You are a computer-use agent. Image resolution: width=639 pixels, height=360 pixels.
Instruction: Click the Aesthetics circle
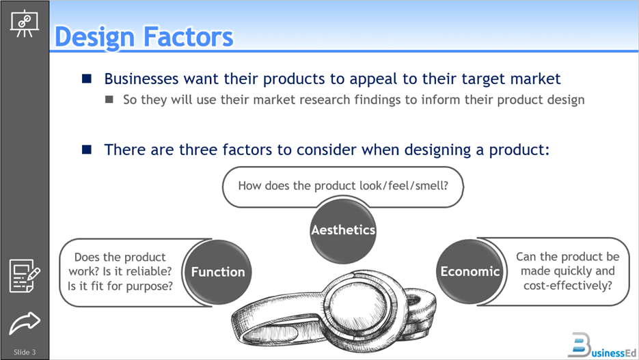tap(343, 230)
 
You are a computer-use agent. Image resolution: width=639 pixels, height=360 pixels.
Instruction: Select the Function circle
tap(218, 272)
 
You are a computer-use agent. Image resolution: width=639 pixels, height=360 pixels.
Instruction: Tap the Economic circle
tap(470, 271)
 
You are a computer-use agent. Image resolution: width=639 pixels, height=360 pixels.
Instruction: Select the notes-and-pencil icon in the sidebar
tap(25, 275)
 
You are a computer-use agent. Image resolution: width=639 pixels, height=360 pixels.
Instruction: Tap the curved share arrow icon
tap(25, 322)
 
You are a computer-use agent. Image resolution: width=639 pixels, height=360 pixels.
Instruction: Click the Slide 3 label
tap(25, 352)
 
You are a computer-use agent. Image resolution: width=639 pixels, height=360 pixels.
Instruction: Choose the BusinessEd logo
tap(598, 344)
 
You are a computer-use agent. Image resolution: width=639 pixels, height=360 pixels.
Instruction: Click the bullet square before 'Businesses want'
tap(87, 79)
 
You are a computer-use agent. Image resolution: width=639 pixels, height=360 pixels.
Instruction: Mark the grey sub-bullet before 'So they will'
tap(109, 100)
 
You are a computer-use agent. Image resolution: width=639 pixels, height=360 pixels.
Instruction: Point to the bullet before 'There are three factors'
tap(87, 150)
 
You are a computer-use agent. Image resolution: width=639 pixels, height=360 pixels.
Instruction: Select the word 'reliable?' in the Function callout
tap(149, 272)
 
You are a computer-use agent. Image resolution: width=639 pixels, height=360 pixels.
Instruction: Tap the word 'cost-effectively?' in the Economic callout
tap(568, 285)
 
